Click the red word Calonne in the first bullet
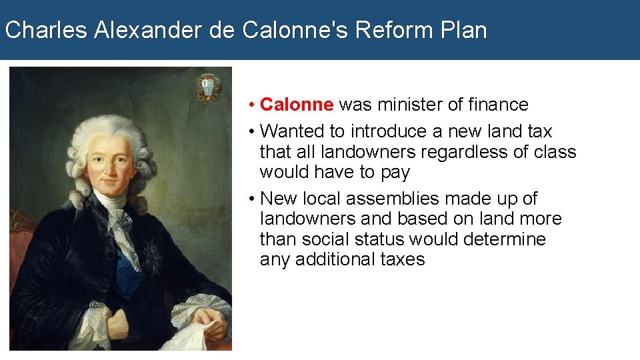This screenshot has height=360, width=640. pos(296,105)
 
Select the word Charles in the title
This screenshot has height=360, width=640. pos(46,30)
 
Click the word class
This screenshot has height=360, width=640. pos(555,152)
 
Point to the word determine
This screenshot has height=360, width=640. pos(505,239)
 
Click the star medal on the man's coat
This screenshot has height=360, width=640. pos(152,254)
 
